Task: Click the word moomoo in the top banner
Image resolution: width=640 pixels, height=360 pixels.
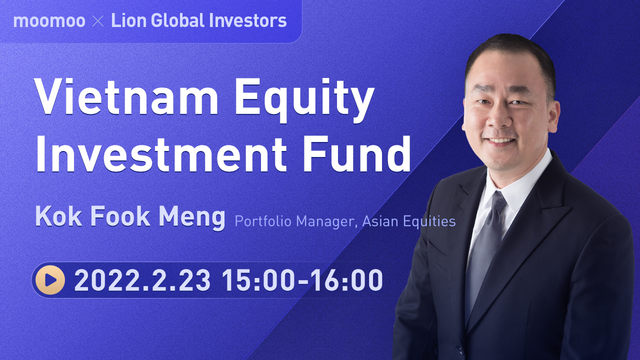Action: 47,20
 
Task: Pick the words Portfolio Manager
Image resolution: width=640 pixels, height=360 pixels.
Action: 293,220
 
